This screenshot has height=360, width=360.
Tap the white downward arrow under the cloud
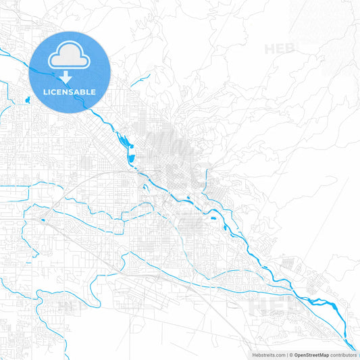pos(66,77)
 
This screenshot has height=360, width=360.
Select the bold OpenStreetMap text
pos(311,354)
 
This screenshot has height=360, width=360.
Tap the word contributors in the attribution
pos(343,354)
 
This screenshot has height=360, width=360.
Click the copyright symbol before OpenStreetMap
pos(291,354)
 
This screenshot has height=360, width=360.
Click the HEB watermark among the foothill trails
pos(280,49)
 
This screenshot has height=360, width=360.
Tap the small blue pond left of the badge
pos(28,100)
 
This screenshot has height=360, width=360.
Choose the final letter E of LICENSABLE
pos(93,92)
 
